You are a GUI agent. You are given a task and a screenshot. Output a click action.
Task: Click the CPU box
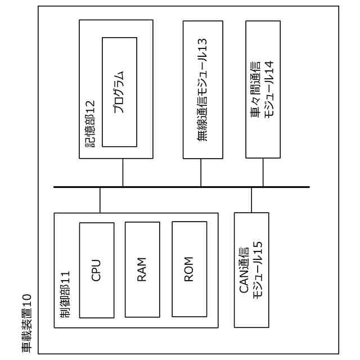[96, 269]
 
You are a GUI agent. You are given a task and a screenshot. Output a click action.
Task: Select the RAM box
[142, 269]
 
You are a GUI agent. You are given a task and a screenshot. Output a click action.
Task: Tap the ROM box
[189, 269]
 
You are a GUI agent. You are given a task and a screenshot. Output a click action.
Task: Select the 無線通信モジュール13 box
[202, 89]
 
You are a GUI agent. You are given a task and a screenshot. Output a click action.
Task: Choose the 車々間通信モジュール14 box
[263, 89]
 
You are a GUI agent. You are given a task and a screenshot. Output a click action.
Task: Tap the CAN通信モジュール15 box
[251, 269]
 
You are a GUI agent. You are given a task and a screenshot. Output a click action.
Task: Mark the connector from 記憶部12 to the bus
[123, 172]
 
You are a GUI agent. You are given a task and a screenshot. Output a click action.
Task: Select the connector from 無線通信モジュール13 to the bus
[201, 172]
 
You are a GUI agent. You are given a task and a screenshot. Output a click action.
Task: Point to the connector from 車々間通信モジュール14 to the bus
[263, 172]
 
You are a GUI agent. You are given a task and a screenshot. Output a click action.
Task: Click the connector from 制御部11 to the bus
[100, 200]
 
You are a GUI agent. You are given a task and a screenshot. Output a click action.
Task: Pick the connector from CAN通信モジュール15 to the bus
[251, 200]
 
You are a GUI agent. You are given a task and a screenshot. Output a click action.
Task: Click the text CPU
[96, 269]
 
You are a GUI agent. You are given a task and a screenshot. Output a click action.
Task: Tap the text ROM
[189, 269]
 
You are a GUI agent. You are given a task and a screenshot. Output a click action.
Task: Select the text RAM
[142, 269]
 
